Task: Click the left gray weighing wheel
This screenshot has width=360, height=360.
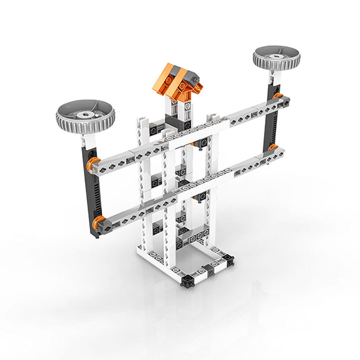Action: coord(85,114)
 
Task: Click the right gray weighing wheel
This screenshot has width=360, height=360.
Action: coord(277,57)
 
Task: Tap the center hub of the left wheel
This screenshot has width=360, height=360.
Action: coord(85,113)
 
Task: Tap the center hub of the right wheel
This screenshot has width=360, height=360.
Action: coord(277,56)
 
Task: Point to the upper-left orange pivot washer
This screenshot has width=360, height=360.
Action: coord(95,162)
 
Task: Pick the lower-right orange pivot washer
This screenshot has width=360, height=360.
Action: coord(273,148)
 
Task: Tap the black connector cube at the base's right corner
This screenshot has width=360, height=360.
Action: coord(229,260)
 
